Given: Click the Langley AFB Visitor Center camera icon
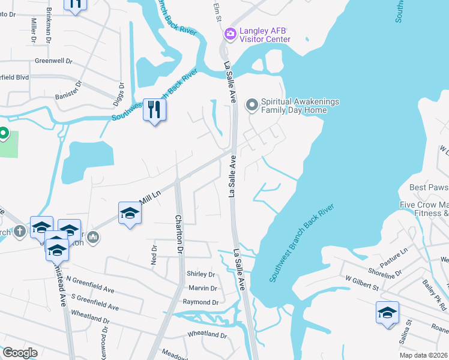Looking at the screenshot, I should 229,34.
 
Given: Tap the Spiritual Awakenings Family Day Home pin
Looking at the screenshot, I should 252,106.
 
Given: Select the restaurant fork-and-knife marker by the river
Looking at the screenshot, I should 155,109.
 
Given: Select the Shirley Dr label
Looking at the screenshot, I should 202,274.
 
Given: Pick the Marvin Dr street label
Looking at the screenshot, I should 203,288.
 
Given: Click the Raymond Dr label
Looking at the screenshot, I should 200,302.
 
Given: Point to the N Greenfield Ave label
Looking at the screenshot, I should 90,284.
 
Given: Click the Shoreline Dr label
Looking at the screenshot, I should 385,271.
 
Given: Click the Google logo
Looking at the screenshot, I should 20,353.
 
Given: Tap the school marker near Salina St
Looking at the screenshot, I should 387,312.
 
